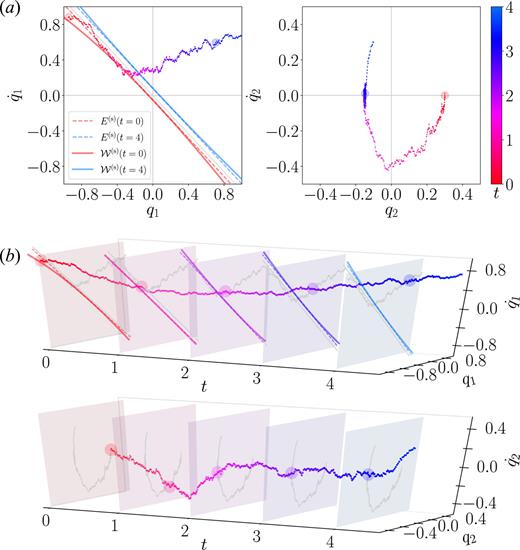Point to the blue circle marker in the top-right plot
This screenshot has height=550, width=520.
coord(364,96)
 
